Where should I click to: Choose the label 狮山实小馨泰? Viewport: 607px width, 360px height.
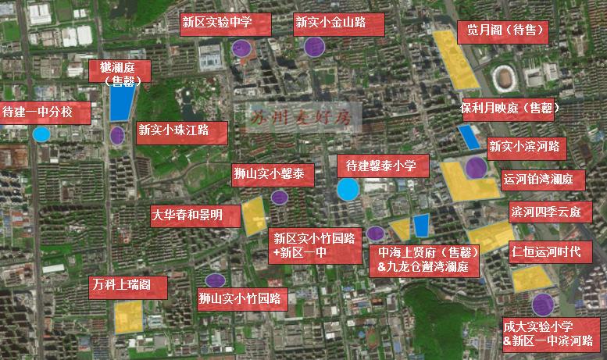pos(273,175)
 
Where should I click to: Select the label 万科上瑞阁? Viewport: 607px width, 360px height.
pos(128,285)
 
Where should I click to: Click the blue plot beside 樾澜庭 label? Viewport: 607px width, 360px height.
pos(122,102)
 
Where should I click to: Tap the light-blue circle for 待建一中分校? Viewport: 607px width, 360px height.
pos(41,134)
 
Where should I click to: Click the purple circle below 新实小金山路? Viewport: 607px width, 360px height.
pos(314,48)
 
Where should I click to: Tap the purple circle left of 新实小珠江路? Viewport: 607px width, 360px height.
pos(117,135)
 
